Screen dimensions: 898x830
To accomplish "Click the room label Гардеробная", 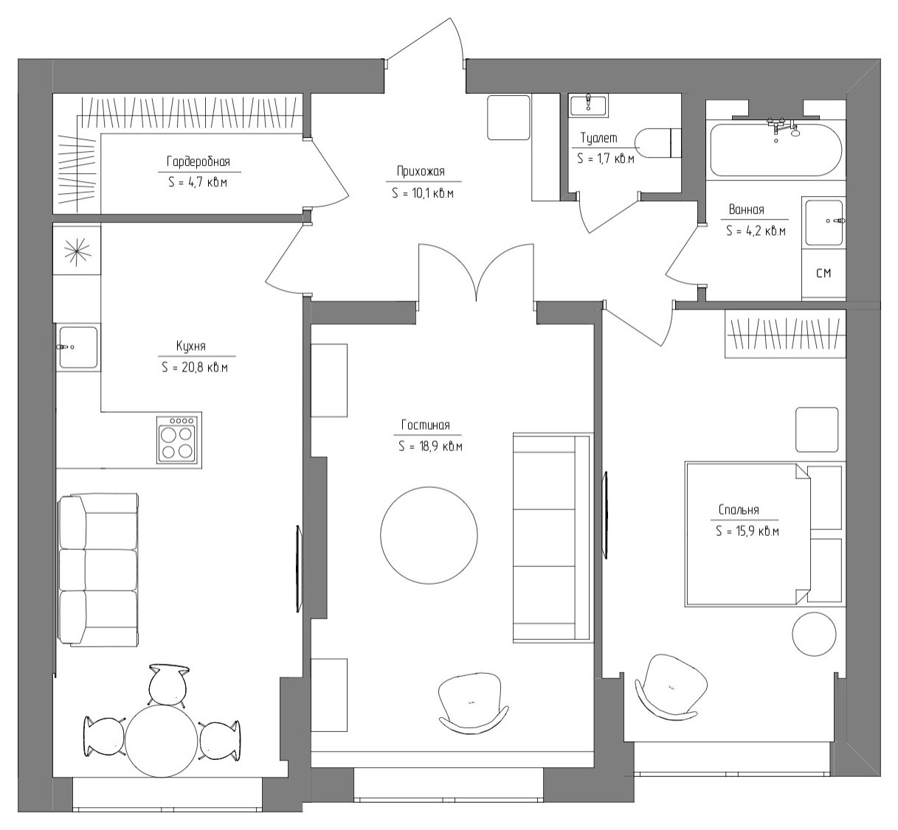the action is click(198, 161).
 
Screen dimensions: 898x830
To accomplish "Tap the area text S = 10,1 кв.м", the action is click(423, 193).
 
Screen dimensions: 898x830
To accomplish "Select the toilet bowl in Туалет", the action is click(658, 143).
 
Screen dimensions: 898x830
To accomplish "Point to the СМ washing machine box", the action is click(823, 273).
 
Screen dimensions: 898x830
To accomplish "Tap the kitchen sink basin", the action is click(77, 347).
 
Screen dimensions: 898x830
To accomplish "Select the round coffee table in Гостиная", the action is click(429, 535).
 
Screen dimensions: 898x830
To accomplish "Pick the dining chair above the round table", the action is click(167, 685).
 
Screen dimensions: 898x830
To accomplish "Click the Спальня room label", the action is click(739, 509).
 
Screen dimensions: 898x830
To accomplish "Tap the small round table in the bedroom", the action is click(814, 634).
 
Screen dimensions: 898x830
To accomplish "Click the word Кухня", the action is click(191, 346).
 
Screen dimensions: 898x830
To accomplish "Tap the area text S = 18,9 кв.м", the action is click(430, 447).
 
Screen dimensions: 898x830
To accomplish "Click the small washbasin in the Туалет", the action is click(588, 105).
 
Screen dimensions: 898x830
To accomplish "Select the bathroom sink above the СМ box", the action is click(823, 221).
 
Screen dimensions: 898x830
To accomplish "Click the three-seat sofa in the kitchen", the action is click(98, 571).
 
